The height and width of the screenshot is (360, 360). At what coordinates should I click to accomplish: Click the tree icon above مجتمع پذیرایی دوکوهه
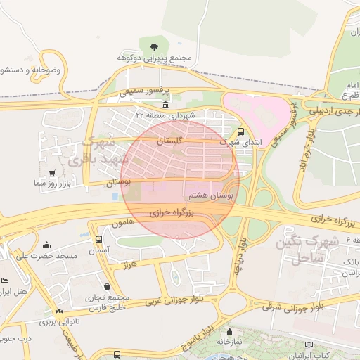point(154,46)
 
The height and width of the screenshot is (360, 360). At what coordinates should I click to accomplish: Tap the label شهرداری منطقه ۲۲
point(164,115)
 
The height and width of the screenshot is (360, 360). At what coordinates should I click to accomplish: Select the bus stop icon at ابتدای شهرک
point(241,131)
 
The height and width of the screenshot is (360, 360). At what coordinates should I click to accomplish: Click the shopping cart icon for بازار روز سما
point(52,172)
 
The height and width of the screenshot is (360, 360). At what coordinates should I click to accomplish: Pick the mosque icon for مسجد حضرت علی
point(47,245)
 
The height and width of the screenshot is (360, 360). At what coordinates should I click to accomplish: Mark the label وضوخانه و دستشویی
point(32,70)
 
